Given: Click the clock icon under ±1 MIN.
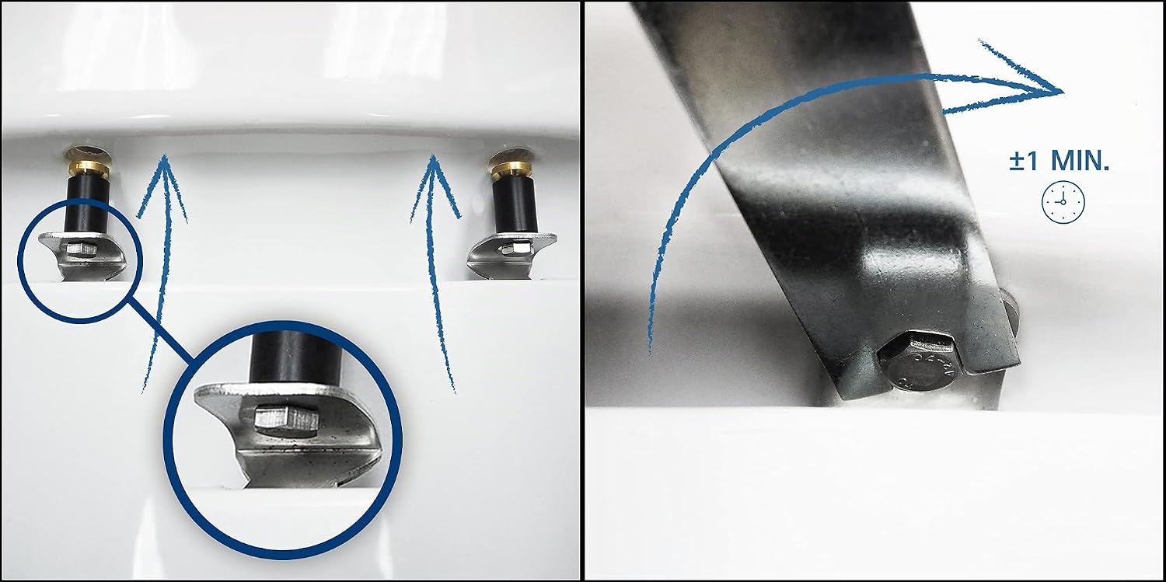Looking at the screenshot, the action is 1063,202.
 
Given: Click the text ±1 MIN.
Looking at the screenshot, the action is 1059,161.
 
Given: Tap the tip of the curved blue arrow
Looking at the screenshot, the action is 1062,92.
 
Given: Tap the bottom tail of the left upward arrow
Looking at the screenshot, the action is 144,391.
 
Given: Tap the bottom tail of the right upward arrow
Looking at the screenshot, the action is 454,390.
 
